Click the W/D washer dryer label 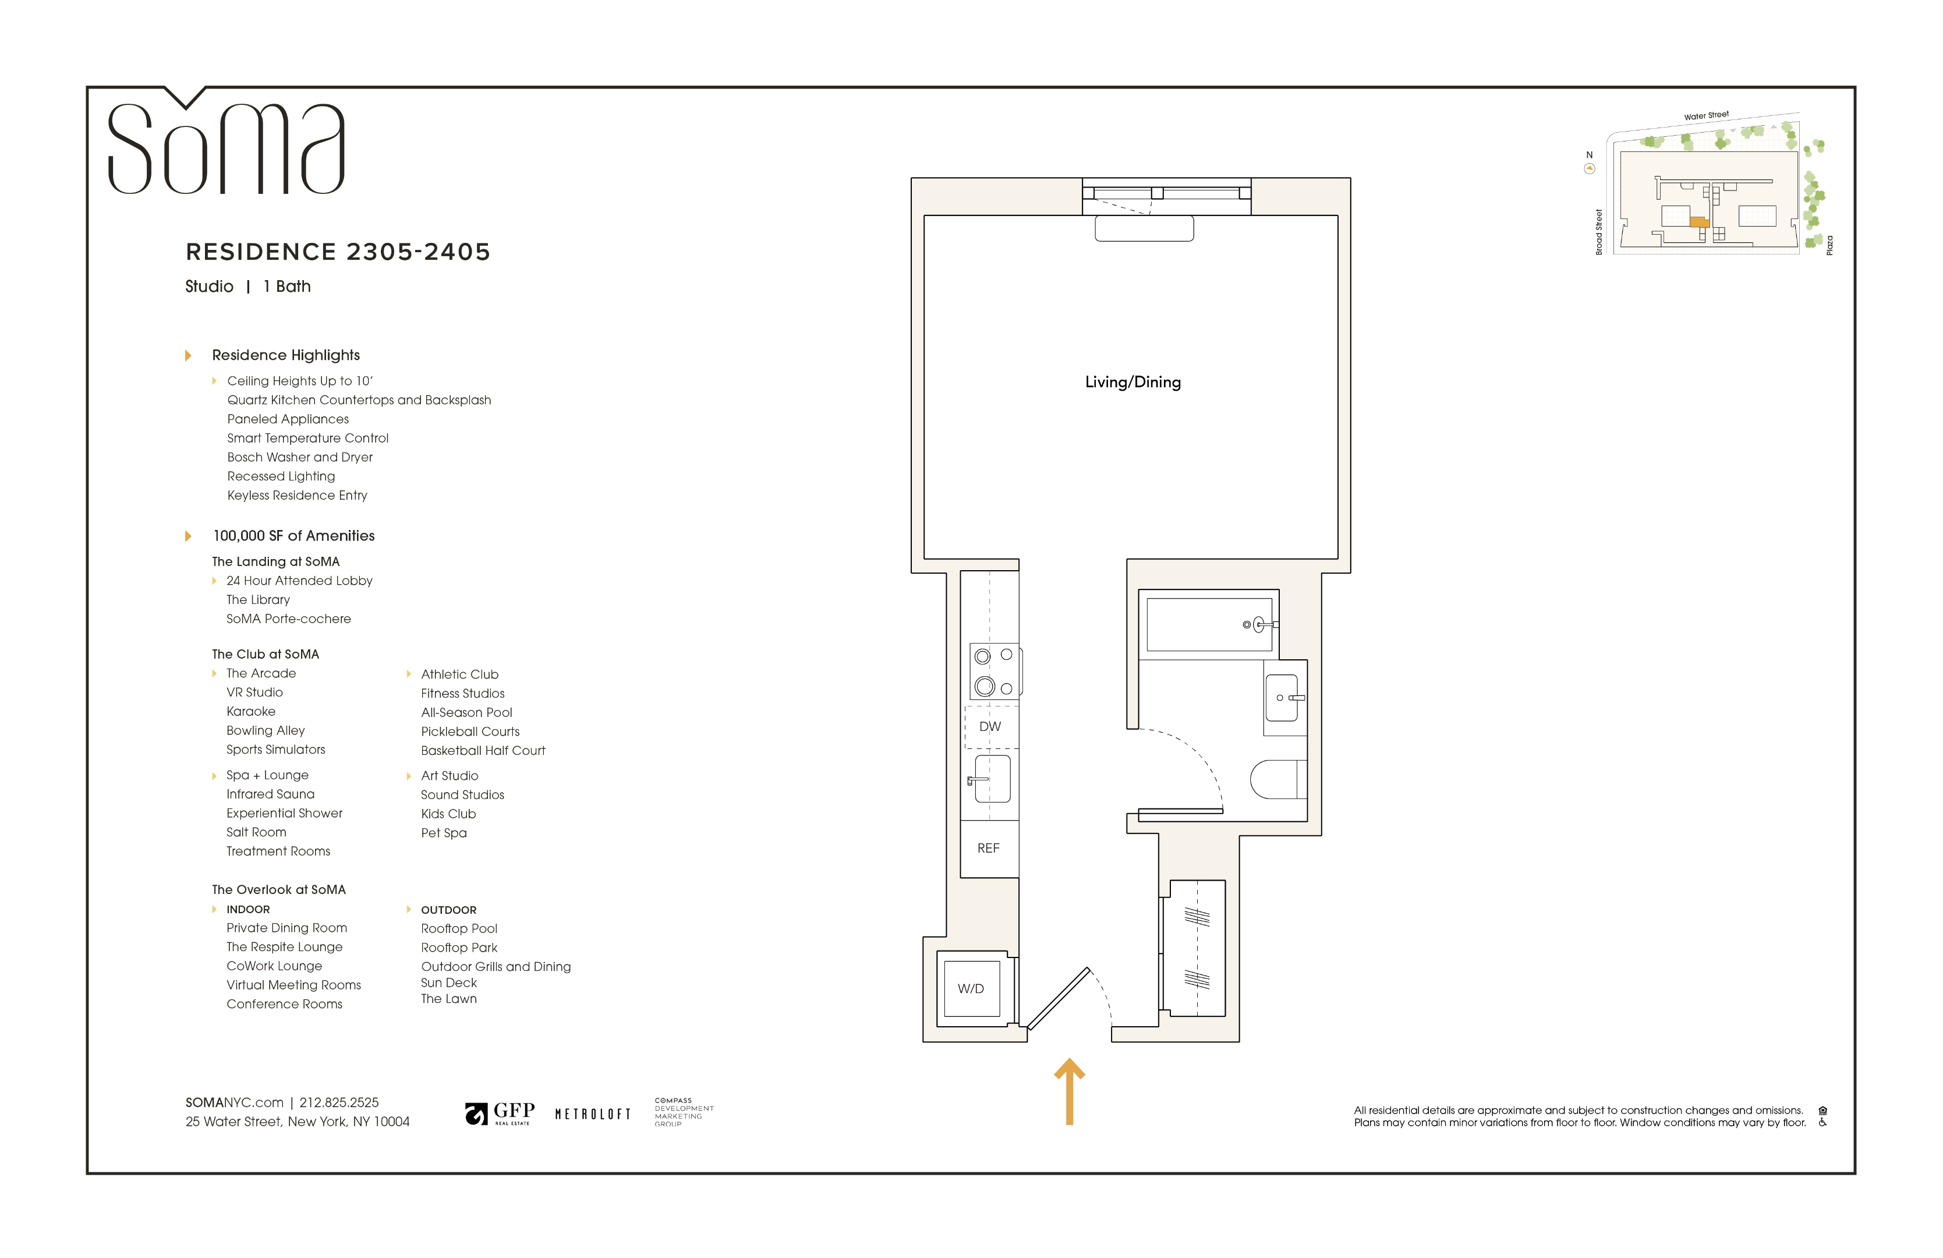[x=971, y=988]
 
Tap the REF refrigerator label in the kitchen [x=989, y=848]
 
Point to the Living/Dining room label [x=1133, y=382]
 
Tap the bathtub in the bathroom [x=1210, y=624]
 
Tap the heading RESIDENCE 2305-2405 [x=338, y=252]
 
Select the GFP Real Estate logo [x=500, y=1112]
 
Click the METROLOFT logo [x=593, y=1114]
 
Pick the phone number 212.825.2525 [x=339, y=1102]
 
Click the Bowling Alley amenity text [x=266, y=731]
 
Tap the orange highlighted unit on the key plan [x=1700, y=221]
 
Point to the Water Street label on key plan [x=1706, y=116]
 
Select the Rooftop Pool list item [x=459, y=928]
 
